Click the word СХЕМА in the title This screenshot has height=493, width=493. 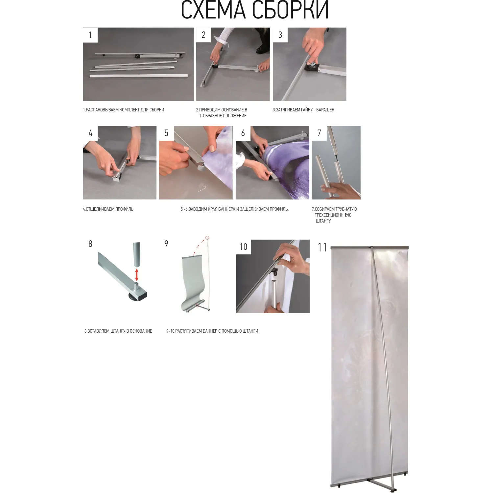coord(213,10)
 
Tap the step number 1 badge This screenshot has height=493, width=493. coord(90,35)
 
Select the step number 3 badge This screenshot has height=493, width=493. coord(280,35)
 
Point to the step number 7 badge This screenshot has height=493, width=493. coord(319,133)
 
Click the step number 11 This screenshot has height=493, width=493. coord(322,247)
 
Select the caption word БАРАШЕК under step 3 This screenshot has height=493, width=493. coord(325,110)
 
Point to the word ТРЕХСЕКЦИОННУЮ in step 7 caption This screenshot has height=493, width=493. coord(333,215)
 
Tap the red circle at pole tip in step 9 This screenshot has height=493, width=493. coord(207,238)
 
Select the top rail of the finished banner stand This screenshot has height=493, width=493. coord(370,247)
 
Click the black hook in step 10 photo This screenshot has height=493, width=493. coord(274,271)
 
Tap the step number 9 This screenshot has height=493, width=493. coord(166,244)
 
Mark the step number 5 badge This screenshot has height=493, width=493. coord(166,133)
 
